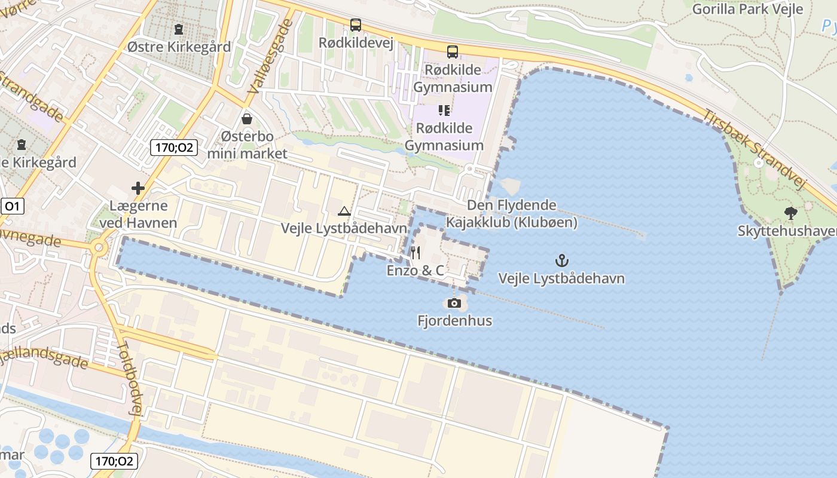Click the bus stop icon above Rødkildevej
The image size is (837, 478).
click(x=356, y=25)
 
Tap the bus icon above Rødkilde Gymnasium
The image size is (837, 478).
click(x=453, y=52)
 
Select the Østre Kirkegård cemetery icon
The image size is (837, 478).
click(x=178, y=29)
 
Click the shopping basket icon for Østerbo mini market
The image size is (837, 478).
click(x=246, y=119)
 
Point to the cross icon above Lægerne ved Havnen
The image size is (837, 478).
click(x=138, y=189)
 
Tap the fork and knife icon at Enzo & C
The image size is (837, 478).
click(x=416, y=253)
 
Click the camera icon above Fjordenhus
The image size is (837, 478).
click(x=454, y=303)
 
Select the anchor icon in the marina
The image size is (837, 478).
click(x=561, y=260)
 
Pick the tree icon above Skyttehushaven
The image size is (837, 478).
click(x=791, y=213)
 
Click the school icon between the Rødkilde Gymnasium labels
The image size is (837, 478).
click(x=444, y=110)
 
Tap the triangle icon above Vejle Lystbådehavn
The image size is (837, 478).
click(x=344, y=210)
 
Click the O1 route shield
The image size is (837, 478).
click(x=11, y=207)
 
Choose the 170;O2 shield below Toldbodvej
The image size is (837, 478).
click(x=114, y=461)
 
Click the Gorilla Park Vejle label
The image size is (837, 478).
click(x=748, y=9)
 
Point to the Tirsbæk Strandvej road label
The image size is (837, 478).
click(x=756, y=149)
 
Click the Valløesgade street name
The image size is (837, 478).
click(x=270, y=56)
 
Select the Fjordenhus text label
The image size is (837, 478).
click(x=454, y=321)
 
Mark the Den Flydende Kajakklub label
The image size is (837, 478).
click(x=512, y=214)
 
